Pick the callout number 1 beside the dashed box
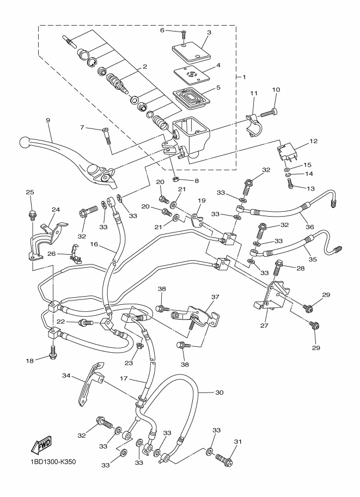245,77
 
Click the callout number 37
215,297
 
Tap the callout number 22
61,322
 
